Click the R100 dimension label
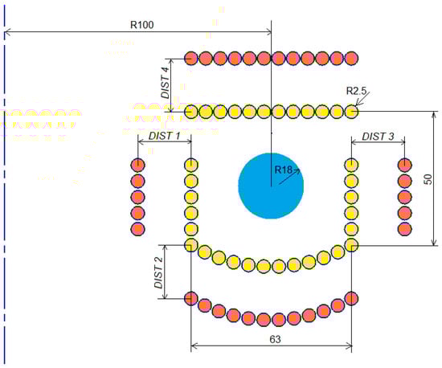(x=141, y=25)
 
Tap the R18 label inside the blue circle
(x=283, y=170)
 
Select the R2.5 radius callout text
(x=356, y=91)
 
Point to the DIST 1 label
(x=164, y=136)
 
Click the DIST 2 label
(x=158, y=272)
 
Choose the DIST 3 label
(x=378, y=137)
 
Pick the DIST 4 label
(x=166, y=83)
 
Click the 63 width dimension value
(x=275, y=339)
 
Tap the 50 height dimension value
(x=428, y=179)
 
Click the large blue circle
(x=271, y=186)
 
